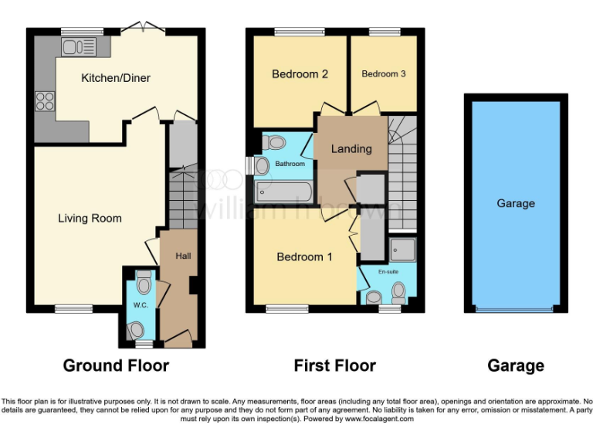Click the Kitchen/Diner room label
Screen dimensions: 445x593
point(116,78)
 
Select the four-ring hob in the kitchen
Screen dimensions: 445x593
point(44,101)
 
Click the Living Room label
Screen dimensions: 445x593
point(90,219)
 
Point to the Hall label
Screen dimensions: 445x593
point(183,256)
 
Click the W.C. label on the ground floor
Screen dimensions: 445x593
point(140,304)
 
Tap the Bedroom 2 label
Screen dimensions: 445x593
point(300,74)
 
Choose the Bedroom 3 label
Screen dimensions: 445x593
point(383,74)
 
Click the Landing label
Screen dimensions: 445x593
point(351,148)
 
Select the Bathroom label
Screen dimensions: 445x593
point(291,164)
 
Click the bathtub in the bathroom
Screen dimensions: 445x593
point(283,191)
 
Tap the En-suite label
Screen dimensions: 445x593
point(388,272)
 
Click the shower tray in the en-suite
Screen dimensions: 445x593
point(403,249)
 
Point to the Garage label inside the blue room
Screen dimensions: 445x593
point(516,204)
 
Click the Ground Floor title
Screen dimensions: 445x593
point(116,365)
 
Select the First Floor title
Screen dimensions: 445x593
point(335,365)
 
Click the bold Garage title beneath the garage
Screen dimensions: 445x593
point(516,365)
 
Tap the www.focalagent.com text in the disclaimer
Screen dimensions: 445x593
point(379,419)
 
